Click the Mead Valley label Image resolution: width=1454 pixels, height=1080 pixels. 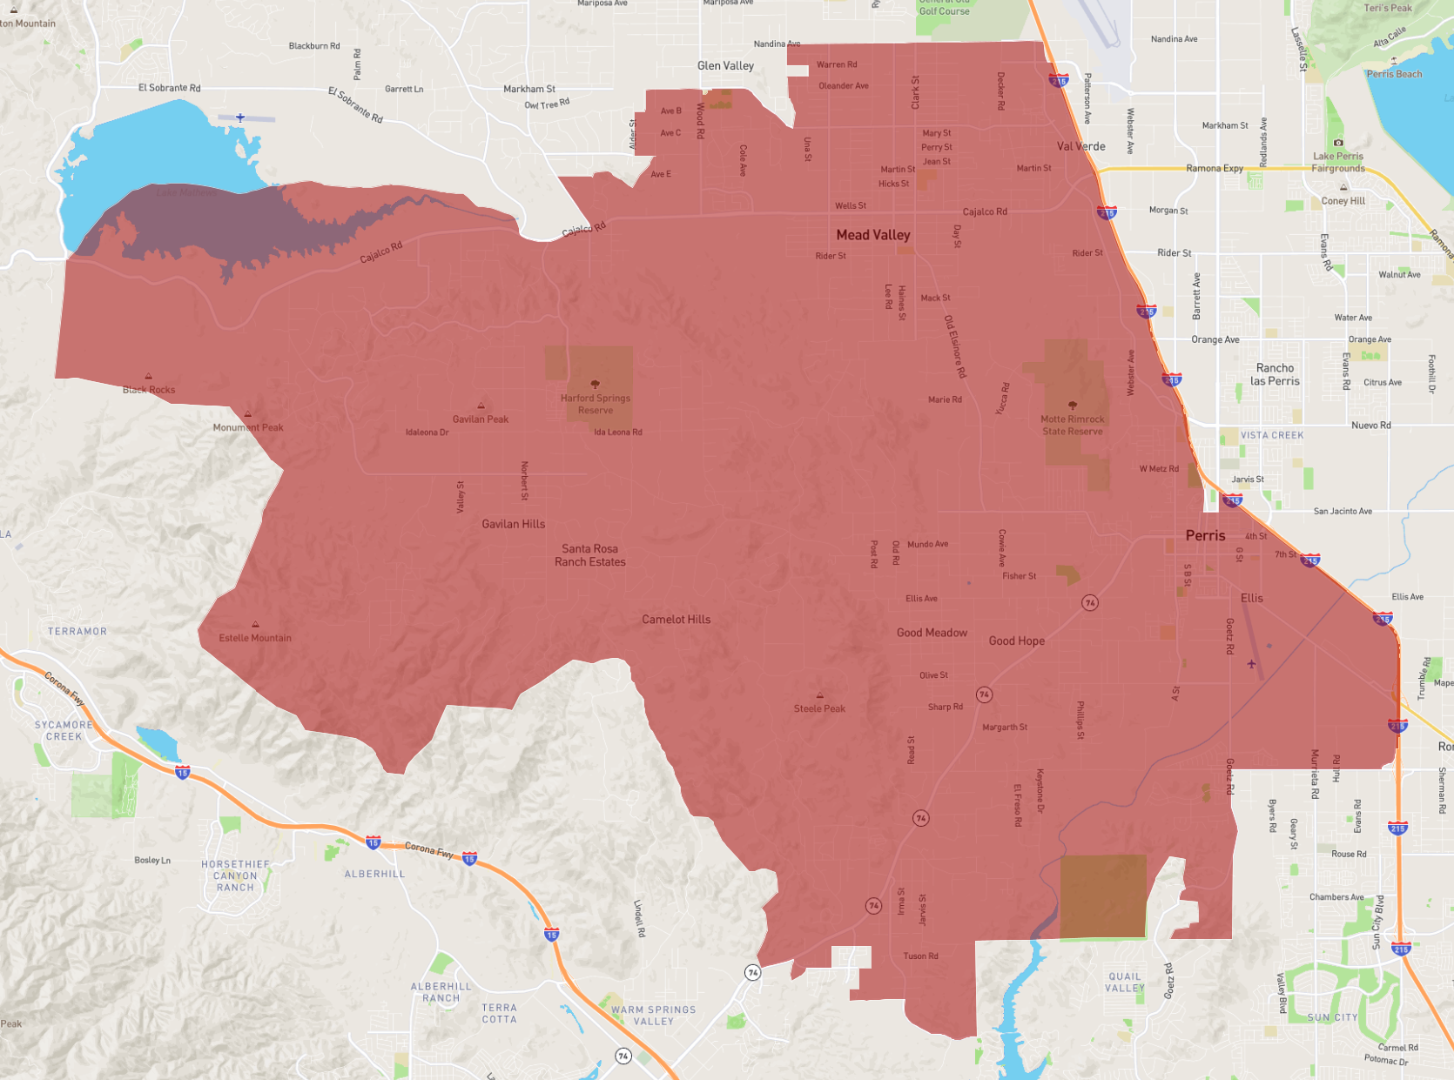(x=873, y=235)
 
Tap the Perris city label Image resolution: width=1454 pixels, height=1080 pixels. (x=1205, y=535)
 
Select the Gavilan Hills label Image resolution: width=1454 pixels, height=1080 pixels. (x=514, y=524)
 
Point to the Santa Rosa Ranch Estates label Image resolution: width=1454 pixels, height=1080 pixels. (x=590, y=555)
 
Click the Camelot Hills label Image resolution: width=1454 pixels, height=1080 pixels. (x=676, y=620)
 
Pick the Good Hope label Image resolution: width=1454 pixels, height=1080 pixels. (x=1016, y=641)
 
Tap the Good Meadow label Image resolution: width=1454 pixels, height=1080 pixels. (x=932, y=633)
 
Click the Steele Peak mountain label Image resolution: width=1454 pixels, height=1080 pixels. (x=819, y=708)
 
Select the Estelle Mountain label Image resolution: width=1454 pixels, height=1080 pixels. (x=255, y=638)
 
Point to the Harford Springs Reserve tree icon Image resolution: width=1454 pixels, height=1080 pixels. (x=596, y=384)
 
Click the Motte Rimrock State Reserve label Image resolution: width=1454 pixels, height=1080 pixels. (x=1073, y=425)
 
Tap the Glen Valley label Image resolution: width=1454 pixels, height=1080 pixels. (x=725, y=65)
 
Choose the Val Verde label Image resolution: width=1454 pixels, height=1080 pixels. (x=1081, y=146)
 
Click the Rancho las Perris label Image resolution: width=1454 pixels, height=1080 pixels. (x=1275, y=374)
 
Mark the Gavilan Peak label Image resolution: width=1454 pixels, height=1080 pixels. (x=481, y=419)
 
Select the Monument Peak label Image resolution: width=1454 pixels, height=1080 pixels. (x=248, y=427)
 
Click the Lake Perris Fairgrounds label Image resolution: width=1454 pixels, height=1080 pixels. (x=1338, y=162)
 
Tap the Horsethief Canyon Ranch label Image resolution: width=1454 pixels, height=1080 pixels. (x=235, y=875)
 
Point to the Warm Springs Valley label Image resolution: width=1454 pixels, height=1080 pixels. (x=654, y=1016)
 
